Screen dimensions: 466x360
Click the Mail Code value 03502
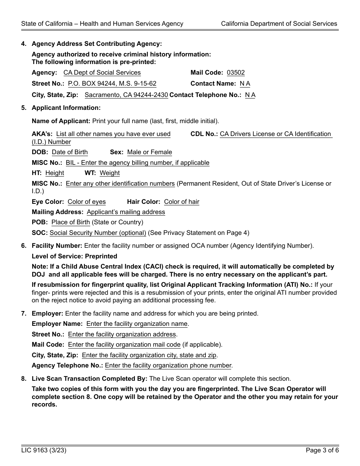point(236,73)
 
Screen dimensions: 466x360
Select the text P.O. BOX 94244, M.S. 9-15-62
point(112,84)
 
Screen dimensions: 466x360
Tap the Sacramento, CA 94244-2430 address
point(126,95)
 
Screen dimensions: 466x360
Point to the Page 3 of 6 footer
point(322,450)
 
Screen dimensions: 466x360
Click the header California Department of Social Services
point(279,23)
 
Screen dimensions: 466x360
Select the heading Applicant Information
point(66,108)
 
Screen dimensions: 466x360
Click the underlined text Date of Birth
point(70,152)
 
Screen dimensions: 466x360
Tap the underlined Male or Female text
point(149,152)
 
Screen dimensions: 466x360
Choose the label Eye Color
point(47,202)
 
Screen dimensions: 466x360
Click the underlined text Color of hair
point(182,202)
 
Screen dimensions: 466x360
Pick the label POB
point(40,222)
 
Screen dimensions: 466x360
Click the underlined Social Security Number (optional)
point(98,233)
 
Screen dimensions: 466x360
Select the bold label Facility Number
point(57,246)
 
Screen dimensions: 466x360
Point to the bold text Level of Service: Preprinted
point(74,256)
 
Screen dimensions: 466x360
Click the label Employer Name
point(57,324)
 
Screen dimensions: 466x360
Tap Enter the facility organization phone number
point(168,366)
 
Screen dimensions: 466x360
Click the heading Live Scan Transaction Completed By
point(89,379)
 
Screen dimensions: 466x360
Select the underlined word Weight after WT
point(110,173)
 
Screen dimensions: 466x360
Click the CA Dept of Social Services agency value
point(102,73)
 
